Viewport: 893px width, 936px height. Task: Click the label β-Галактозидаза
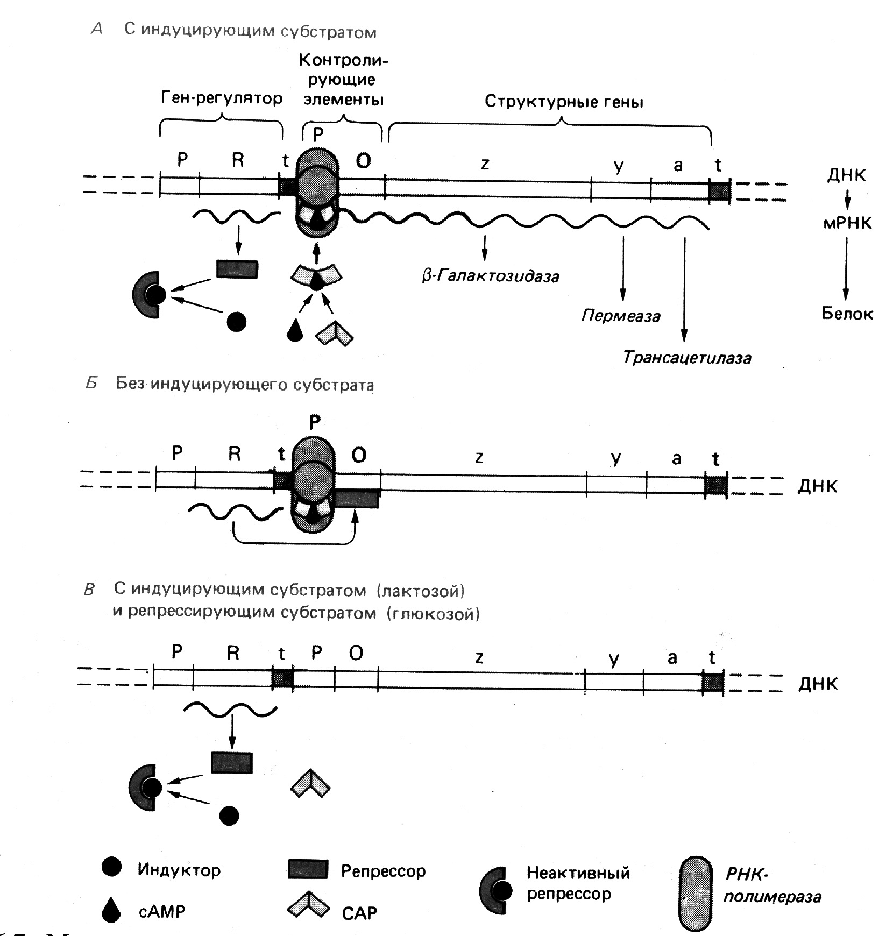490,276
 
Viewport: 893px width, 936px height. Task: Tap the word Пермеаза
621,315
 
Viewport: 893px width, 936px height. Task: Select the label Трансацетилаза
687,358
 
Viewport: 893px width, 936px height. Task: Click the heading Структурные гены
564,102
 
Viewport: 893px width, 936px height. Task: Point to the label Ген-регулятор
222,98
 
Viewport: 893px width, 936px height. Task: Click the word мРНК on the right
847,223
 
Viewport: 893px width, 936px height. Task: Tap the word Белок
847,314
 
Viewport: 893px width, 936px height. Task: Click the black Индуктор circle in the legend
111,867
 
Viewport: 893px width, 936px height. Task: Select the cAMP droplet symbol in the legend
111,910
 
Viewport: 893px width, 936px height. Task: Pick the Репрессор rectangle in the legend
308,869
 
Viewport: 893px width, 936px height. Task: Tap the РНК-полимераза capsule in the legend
698,894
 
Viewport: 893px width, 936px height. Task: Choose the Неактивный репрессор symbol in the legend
494,891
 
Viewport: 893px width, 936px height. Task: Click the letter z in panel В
478,657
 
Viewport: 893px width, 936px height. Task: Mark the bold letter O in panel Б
359,455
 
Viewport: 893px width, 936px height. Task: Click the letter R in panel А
238,160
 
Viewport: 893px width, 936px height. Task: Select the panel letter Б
92,384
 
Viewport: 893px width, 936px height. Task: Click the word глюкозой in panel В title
433,613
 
